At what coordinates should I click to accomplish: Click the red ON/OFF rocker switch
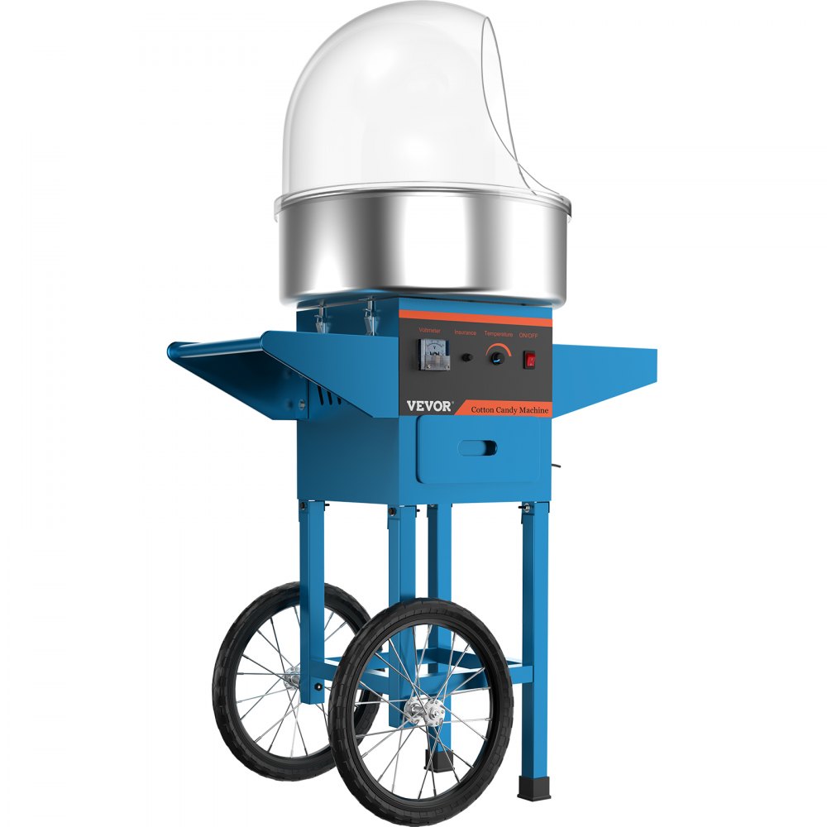[530, 361]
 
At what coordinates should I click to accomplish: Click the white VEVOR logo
[429, 407]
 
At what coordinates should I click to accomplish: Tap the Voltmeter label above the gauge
[430, 330]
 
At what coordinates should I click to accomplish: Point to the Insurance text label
[465, 332]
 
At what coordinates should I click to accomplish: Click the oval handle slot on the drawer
[478, 447]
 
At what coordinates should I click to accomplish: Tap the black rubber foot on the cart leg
[527, 785]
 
